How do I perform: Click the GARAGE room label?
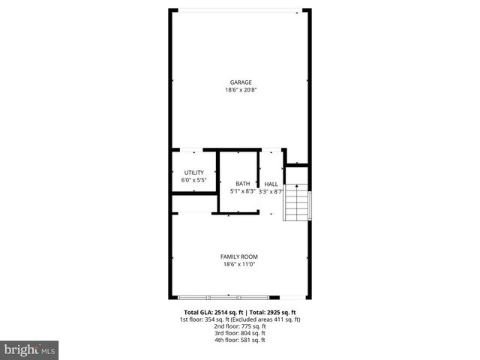[240, 82]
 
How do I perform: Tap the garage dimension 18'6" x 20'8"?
[240, 91]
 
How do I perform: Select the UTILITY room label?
[194, 172]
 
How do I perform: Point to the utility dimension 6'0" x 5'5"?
[194, 180]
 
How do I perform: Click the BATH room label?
[243, 184]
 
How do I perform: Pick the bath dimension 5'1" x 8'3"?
[243, 191]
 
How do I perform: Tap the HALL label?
[271, 184]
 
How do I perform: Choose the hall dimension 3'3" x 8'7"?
[271, 191]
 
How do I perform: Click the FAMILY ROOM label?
[239, 256]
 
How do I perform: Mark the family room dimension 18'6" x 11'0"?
[239, 264]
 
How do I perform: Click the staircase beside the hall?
[298, 202]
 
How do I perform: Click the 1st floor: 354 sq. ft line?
[240, 319]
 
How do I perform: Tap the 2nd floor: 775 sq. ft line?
[240, 326]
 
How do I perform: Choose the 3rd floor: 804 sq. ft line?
[240, 333]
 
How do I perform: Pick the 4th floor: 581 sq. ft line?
[240, 340]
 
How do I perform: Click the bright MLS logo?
[30, 349]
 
